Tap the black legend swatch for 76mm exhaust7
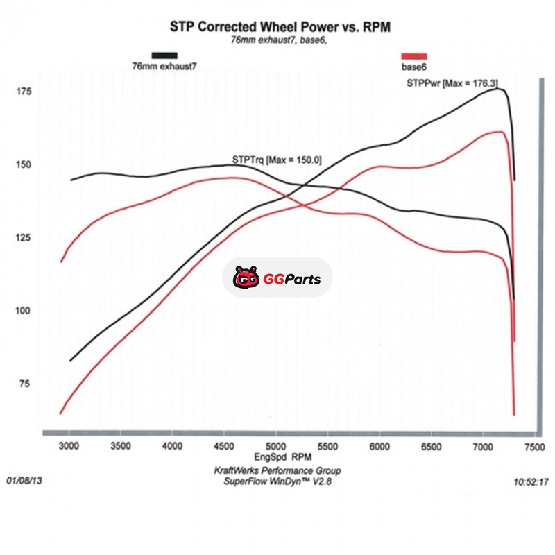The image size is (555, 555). coord(164,55)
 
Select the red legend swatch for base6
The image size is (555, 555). coord(414,55)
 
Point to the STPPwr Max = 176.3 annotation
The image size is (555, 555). coord(450,83)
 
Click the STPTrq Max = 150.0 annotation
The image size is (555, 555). coord(276,160)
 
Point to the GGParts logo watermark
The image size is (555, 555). coord(277,280)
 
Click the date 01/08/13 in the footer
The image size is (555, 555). coord(23,480)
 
